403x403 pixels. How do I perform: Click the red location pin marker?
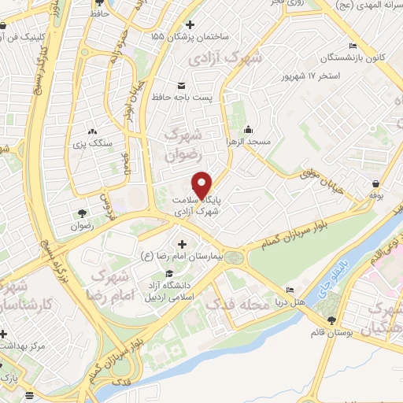coord(203,184)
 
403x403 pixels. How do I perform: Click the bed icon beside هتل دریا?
coord(290,290)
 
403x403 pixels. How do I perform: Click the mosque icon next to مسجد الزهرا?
coord(250,130)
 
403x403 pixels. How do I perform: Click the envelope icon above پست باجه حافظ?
coord(181,85)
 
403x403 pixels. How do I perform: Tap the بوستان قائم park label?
coord(330,332)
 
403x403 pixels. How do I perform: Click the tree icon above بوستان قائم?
coord(331,320)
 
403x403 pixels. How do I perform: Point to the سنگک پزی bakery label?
coord(92,144)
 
